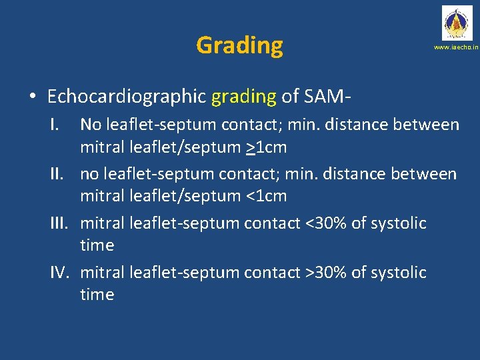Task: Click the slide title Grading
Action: tap(239, 45)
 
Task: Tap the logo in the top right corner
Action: tap(456, 23)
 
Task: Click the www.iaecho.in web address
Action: tap(456, 48)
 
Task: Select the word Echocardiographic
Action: tap(127, 97)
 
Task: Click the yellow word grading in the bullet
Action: tap(243, 97)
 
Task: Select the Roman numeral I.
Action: tap(61, 125)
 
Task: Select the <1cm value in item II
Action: tap(266, 196)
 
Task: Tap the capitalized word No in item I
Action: tap(91, 125)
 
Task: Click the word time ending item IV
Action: tap(97, 295)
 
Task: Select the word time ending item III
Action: tap(97, 245)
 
